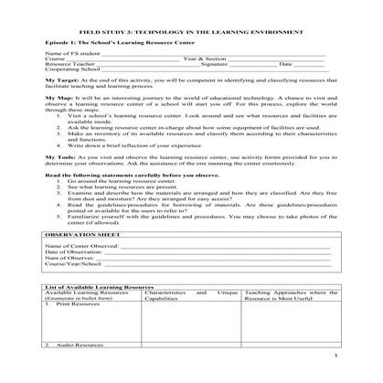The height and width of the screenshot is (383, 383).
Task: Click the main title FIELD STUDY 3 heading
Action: click(192, 30)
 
